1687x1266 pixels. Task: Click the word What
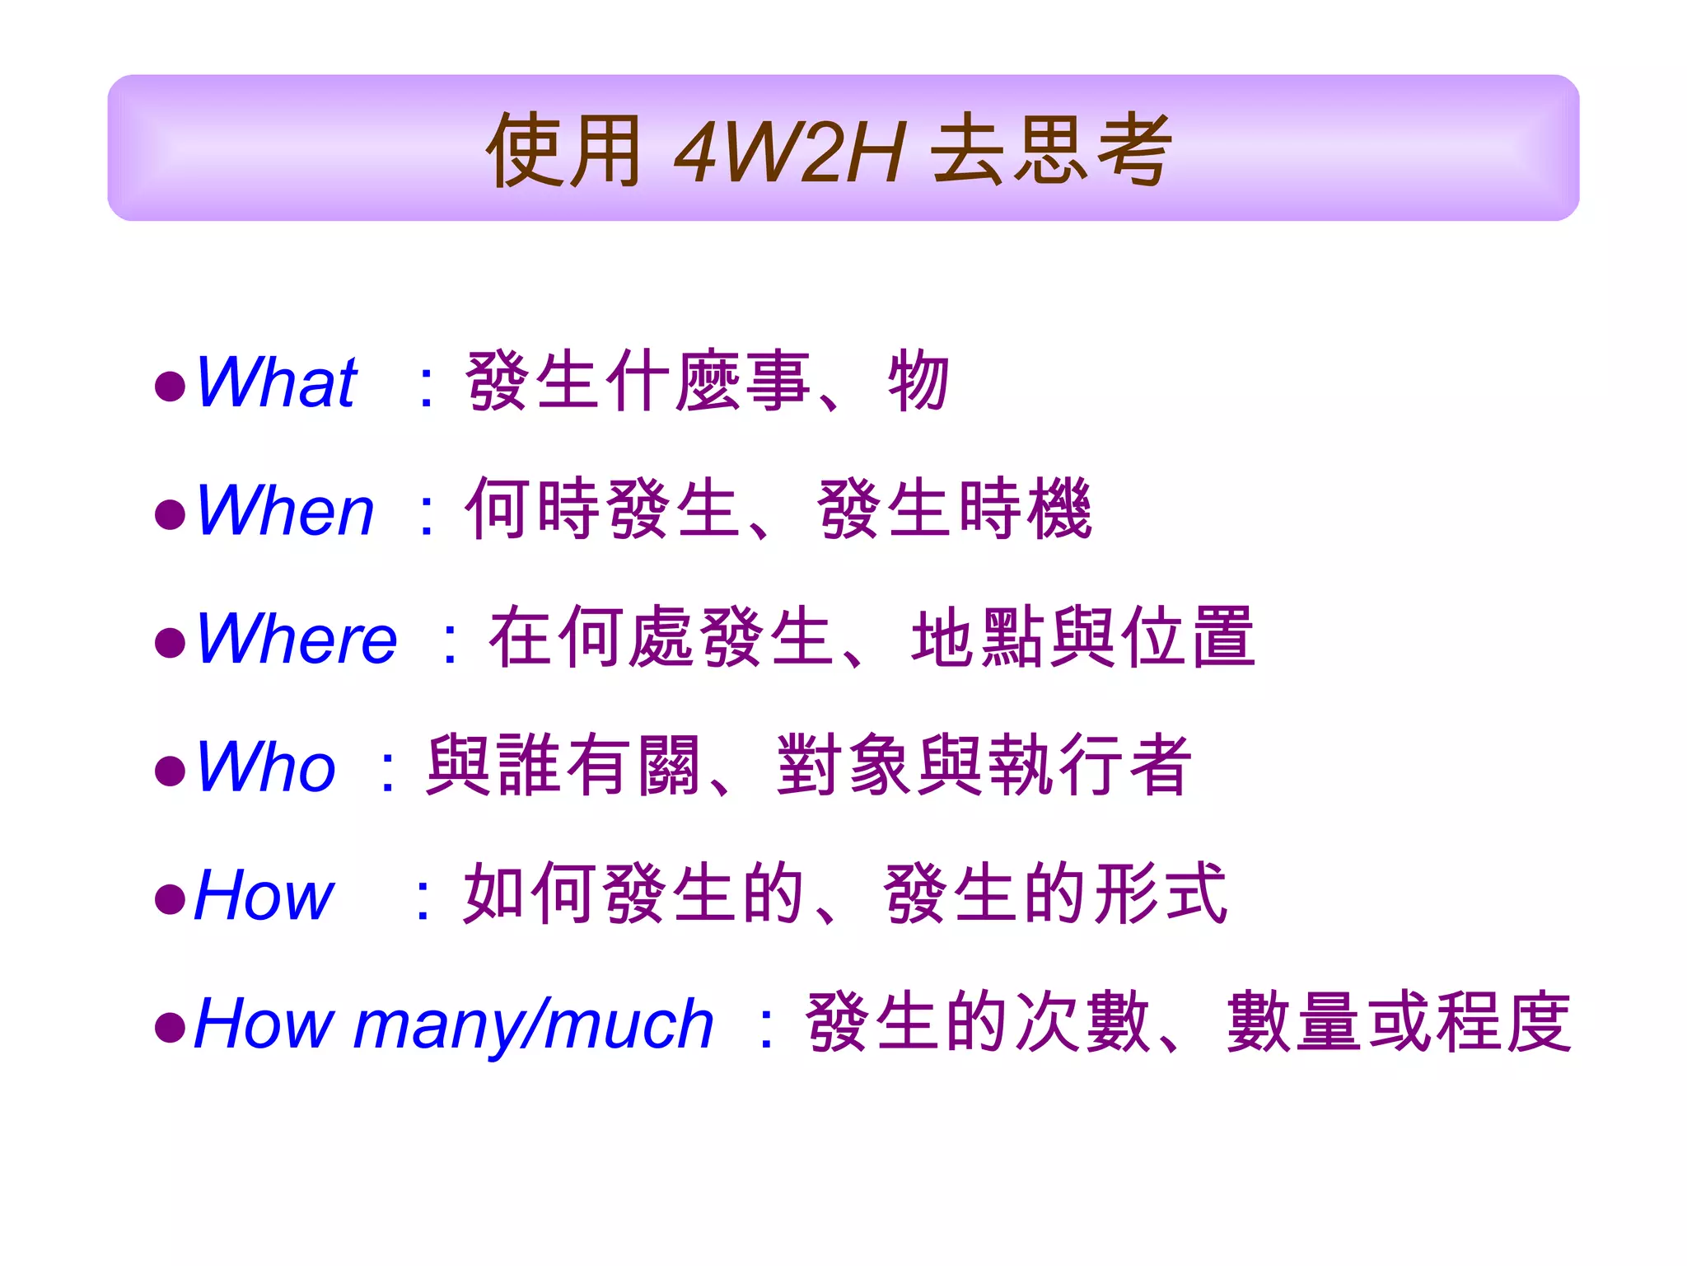[276, 382]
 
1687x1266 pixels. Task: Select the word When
[285, 511]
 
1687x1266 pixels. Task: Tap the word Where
[297, 639]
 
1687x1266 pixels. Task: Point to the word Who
[265, 767]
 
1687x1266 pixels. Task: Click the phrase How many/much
[453, 1025]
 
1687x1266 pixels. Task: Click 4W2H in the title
[789, 152]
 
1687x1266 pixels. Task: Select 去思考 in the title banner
[1050, 150]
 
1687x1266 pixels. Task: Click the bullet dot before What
[170, 387]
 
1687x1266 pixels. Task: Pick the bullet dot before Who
[170, 771]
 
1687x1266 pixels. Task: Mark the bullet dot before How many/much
[170, 1028]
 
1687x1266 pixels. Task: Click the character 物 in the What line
[918, 381]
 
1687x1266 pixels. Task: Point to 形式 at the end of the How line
[1160, 894]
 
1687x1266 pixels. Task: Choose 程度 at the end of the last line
[1503, 1023]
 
